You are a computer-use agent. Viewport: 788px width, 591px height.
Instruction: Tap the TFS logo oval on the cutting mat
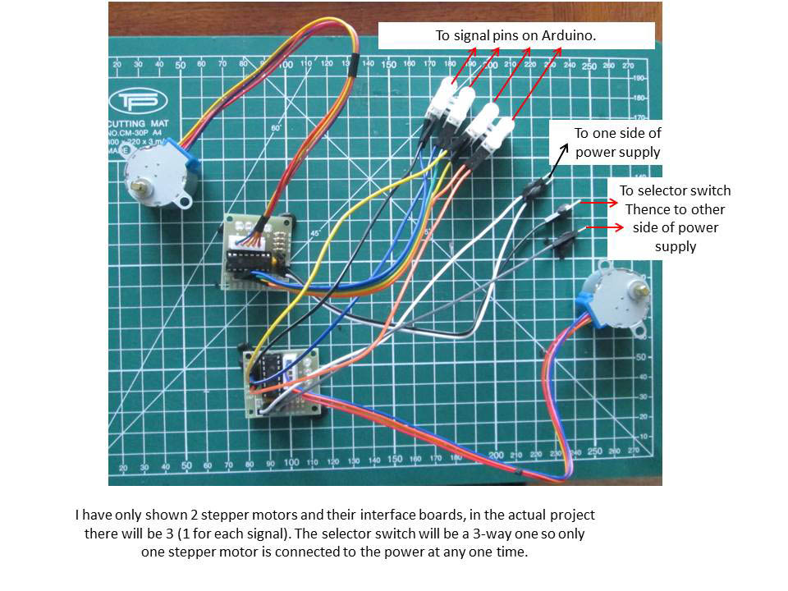[138, 101]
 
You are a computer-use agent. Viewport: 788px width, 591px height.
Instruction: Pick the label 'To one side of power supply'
[617, 142]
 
